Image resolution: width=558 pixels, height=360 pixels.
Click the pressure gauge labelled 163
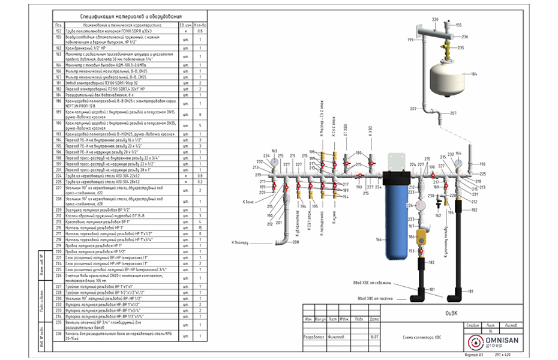[274, 161]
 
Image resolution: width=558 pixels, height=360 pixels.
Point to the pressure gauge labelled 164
[458, 162]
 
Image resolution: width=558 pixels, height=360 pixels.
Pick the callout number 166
[378, 239]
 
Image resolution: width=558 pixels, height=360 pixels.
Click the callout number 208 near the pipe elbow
[296, 242]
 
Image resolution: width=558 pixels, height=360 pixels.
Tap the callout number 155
[458, 25]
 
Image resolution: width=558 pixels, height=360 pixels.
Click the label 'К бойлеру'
[241, 242]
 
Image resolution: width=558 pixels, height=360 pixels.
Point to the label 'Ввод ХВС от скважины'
[373, 283]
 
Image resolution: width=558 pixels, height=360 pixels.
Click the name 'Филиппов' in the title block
[337, 338]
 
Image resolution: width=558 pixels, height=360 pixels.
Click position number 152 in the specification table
[58, 30]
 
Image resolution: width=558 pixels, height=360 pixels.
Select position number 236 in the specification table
[58, 334]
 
